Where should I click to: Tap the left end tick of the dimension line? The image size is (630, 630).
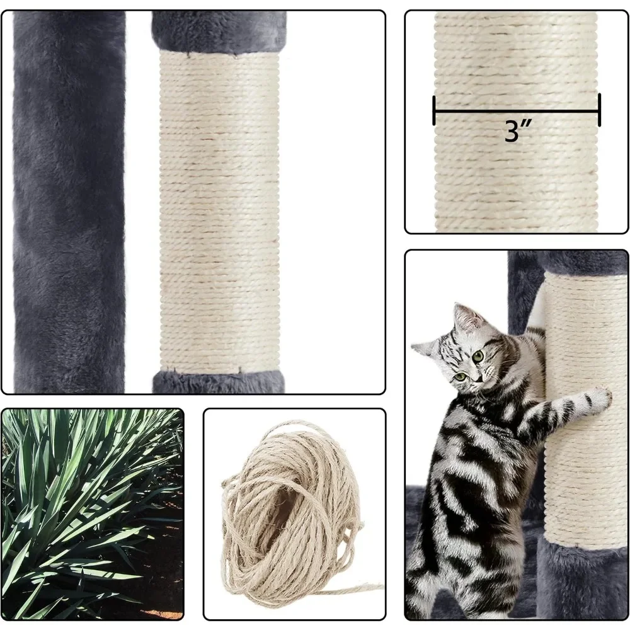[434, 110]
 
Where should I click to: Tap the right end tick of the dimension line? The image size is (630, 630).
[599, 110]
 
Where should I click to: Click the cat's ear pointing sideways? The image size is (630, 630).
[423, 347]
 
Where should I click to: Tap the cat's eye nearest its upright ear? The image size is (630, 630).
[478, 357]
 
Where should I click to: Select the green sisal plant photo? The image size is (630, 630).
[92, 513]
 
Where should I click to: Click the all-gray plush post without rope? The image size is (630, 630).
[69, 202]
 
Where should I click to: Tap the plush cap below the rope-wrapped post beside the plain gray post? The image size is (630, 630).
[219, 382]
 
